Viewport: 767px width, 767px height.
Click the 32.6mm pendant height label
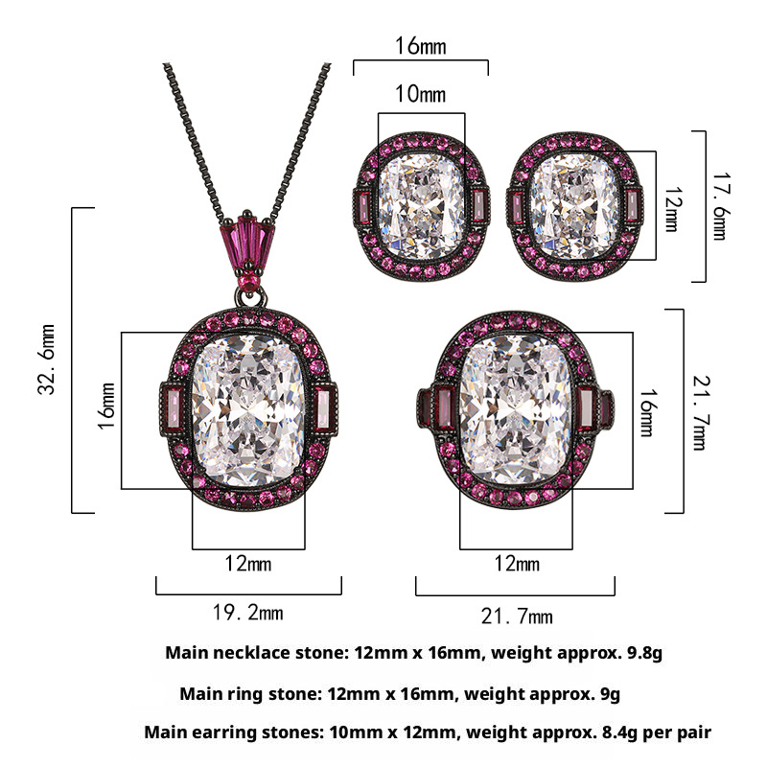(46, 359)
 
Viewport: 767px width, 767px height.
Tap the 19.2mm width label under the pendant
(248, 613)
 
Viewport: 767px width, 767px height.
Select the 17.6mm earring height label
(718, 206)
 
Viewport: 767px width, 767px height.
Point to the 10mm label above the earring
(420, 93)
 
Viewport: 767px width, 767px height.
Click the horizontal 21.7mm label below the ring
(517, 616)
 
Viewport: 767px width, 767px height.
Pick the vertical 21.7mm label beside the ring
(700, 413)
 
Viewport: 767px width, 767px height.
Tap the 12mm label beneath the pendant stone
(247, 564)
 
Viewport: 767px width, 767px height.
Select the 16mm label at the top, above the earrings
(420, 46)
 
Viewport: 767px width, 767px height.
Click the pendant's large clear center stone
(248, 410)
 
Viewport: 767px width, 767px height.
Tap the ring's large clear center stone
(516, 410)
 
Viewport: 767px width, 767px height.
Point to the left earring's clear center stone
(421, 206)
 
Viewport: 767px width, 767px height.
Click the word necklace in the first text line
(253, 652)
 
